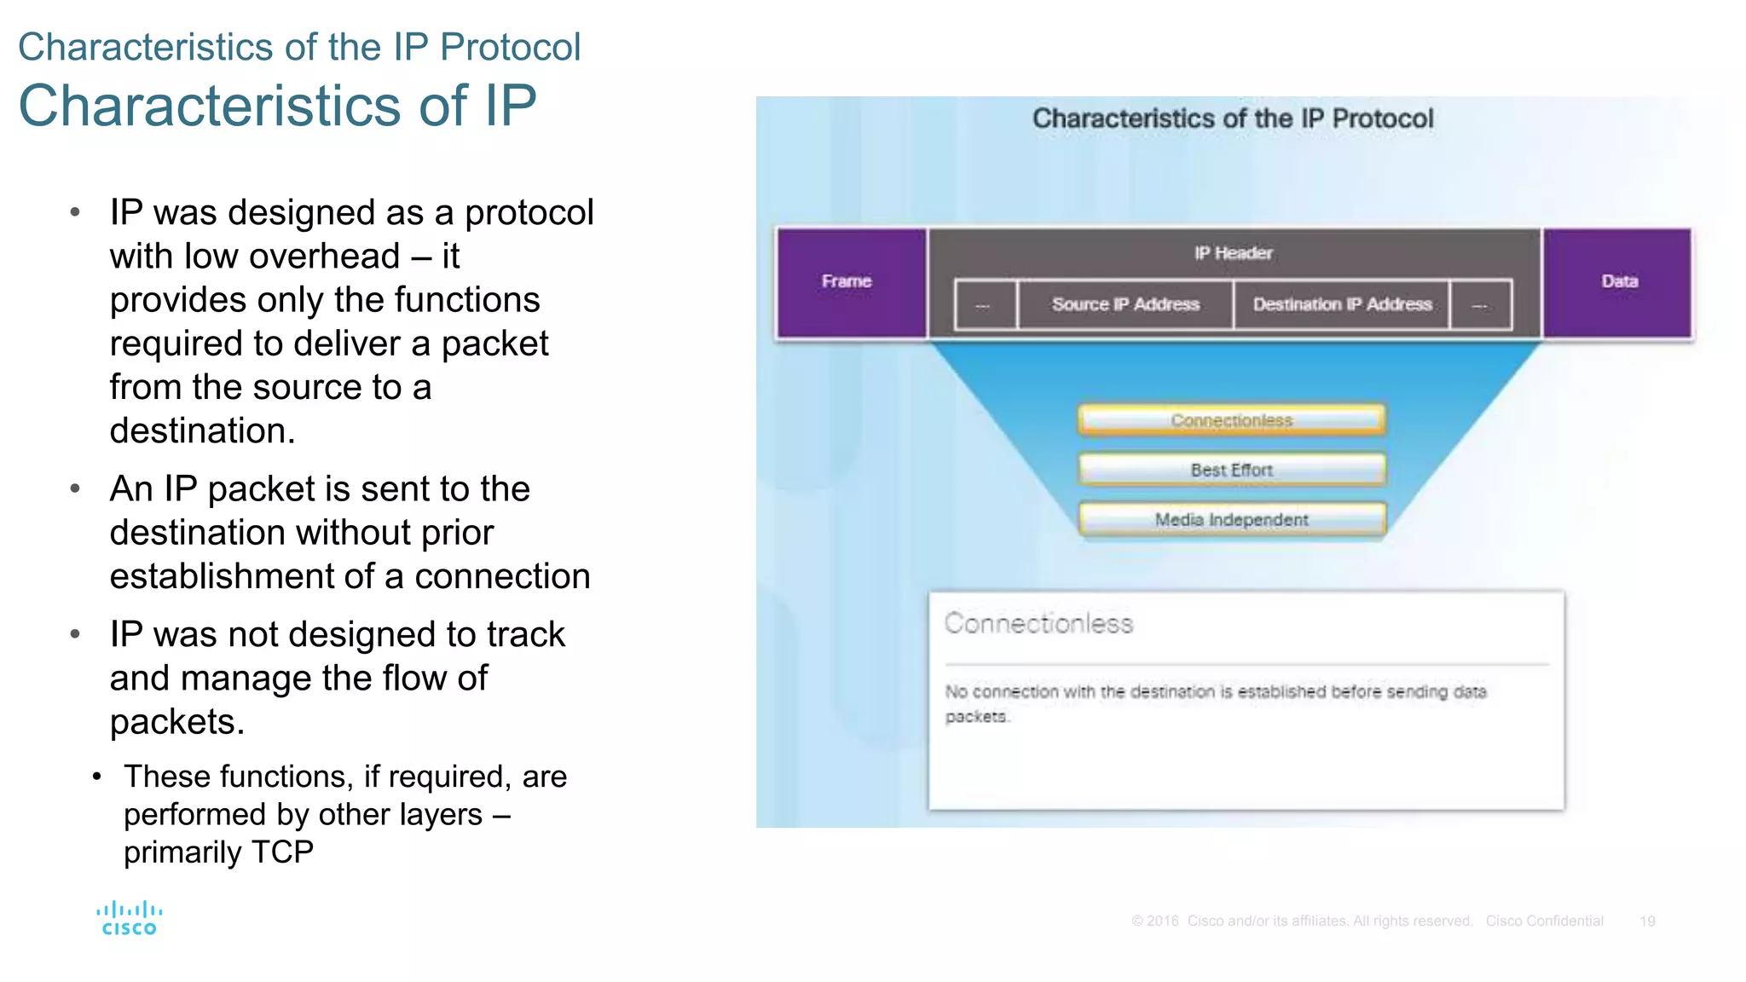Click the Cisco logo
pyautogui.click(x=129, y=919)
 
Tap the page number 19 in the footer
pyautogui.click(x=1647, y=921)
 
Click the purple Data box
pyautogui.click(x=1618, y=282)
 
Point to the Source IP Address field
pyautogui.click(x=1125, y=304)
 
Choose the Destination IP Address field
pyautogui.click(x=1342, y=304)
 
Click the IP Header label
pyautogui.click(x=1233, y=253)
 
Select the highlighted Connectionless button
pyautogui.click(x=1231, y=420)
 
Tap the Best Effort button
pyautogui.click(x=1231, y=470)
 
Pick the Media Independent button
pyautogui.click(x=1231, y=519)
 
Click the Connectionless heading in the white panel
pyautogui.click(x=1038, y=624)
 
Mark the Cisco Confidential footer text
pyautogui.click(x=1544, y=921)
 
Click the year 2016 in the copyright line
pyautogui.click(x=1162, y=921)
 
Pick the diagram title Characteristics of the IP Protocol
pyautogui.click(x=1233, y=118)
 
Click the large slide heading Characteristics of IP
pyautogui.click(x=277, y=106)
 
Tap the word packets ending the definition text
pyautogui.click(x=976, y=717)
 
